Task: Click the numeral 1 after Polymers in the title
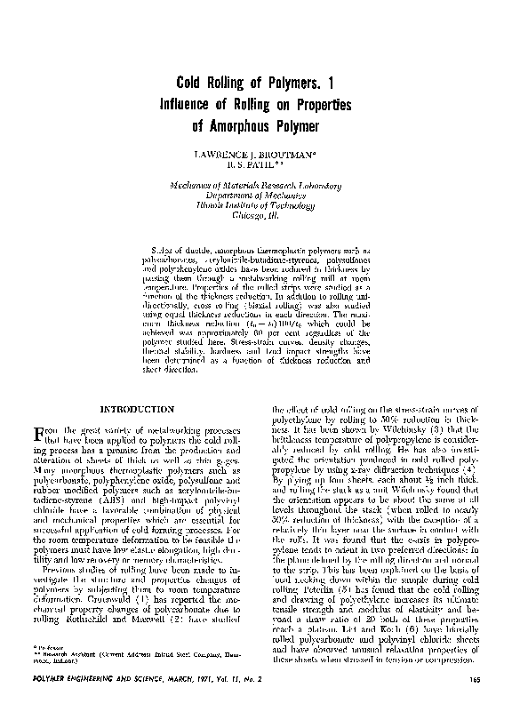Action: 328,83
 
